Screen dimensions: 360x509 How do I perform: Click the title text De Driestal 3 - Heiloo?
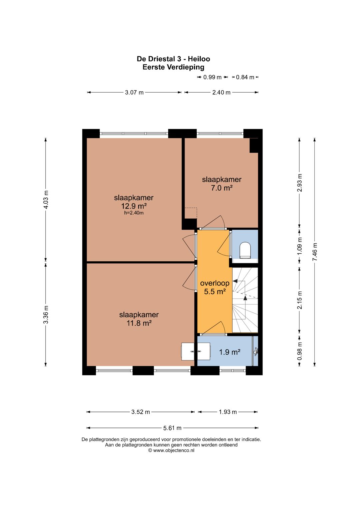pyautogui.click(x=173, y=59)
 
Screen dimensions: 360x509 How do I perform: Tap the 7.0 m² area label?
pyautogui.click(x=222, y=188)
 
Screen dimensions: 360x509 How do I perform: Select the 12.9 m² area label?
pyautogui.click(x=134, y=206)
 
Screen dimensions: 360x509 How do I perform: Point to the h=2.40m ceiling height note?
pyautogui.click(x=134, y=213)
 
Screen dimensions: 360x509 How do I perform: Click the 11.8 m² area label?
pyautogui.click(x=139, y=323)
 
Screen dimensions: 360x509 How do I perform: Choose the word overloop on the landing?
pyautogui.click(x=215, y=283)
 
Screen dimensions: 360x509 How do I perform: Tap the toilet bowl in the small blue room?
pyautogui.click(x=245, y=250)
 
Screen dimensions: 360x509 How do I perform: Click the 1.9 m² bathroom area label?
pyautogui.click(x=230, y=352)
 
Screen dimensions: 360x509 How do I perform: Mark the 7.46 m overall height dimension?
pyautogui.click(x=315, y=252)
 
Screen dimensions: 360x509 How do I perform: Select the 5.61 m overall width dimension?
pyautogui.click(x=172, y=428)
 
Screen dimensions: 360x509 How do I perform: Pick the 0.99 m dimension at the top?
pyautogui.click(x=212, y=77)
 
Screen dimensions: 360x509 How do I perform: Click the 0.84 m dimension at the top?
pyautogui.click(x=245, y=77)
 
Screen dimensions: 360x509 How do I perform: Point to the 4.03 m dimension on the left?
pyautogui.click(x=46, y=200)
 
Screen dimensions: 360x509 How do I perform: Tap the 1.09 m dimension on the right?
pyautogui.click(x=300, y=246)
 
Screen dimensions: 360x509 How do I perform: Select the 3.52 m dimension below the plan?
pyautogui.click(x=140, y=412)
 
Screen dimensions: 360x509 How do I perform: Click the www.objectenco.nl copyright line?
pyautogui.click(x=171, y=450)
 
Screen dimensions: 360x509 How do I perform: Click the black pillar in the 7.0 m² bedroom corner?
pyautogui.click(x=254, y=145)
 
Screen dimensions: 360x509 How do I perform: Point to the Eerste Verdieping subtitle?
pyautogui.click(x=173, y=67)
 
